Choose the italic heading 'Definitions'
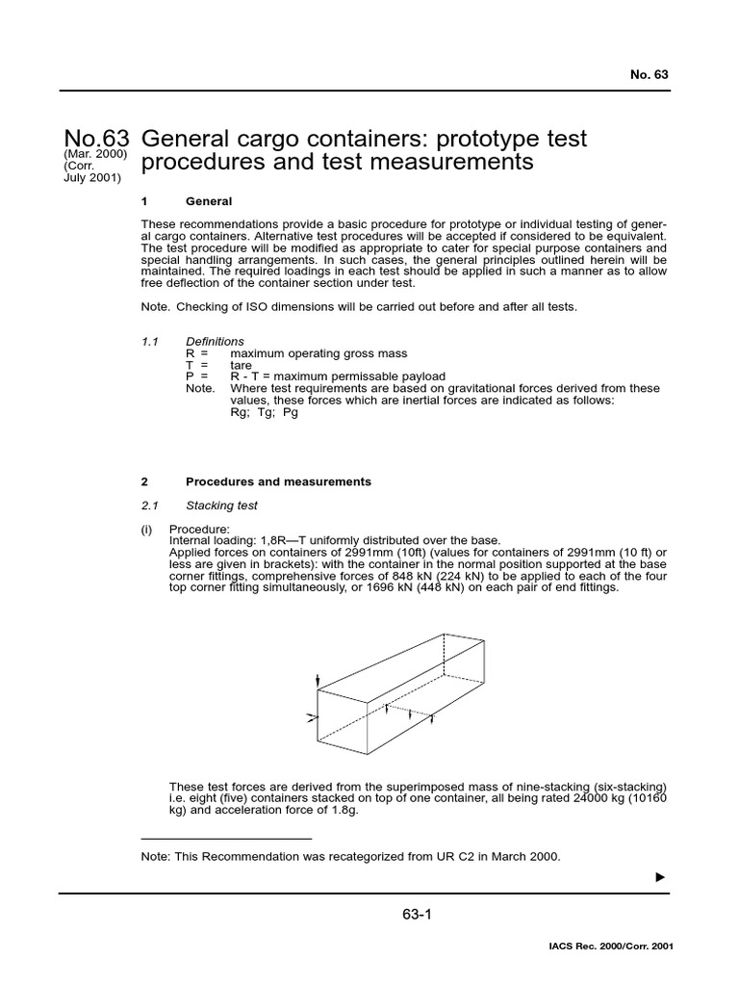pyautogui.click(x=215, y=342)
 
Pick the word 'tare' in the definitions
pyautogui.click(x=241, y=366)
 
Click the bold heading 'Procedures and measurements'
pyautogui.click(x=278, y=481)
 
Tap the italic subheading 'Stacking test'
pyautogui.click(x=221, y=505)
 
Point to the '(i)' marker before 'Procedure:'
pyautogui.click(x=148, y=529)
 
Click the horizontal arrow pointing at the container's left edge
pyautogui.click(x=311, y=717)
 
